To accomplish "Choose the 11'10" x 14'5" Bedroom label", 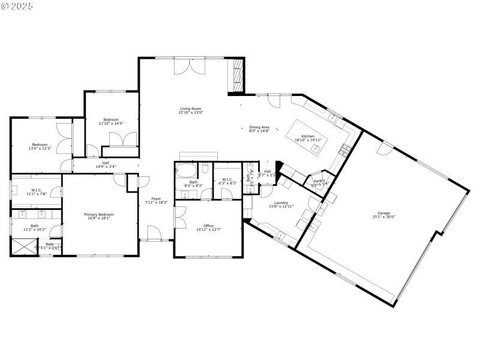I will pos(111,120).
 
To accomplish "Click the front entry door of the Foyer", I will pos(154,234).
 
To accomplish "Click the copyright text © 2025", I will pos(17,6).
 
